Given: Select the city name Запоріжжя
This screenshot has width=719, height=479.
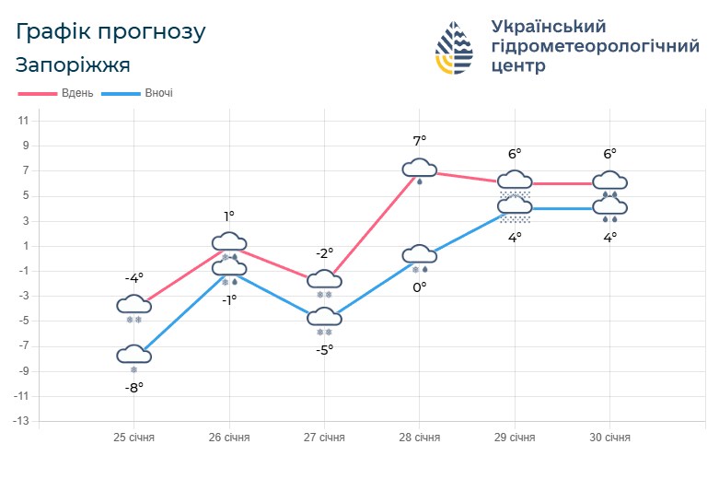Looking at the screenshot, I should point(73,65).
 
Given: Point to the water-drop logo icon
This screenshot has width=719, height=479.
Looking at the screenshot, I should point(455,48).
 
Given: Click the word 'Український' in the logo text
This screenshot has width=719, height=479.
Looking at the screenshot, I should point(549,26).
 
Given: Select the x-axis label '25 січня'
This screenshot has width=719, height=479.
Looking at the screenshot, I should point(133,437).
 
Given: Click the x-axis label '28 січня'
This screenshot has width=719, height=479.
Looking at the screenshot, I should point(419,437).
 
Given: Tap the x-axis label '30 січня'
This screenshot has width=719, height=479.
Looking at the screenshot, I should point(609,437).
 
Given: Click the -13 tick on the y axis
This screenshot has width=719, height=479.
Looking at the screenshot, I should point(21,421).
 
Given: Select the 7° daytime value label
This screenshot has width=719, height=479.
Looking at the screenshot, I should point(420,141).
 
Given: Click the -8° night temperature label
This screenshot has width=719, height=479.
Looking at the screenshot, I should point(134,388).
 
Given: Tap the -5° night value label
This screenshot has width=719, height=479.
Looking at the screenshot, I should point(324,349).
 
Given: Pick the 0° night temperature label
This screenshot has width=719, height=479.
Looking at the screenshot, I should point(420,287).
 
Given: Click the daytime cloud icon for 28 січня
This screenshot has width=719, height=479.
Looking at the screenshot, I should point(420,168).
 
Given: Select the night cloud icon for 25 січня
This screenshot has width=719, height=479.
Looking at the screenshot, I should point(134,355).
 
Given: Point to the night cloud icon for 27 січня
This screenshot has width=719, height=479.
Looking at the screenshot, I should point(324,318).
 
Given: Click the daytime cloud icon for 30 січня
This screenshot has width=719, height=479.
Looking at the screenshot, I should point(609,181).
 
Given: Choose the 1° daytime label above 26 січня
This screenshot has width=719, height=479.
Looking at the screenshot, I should point(229,216).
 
